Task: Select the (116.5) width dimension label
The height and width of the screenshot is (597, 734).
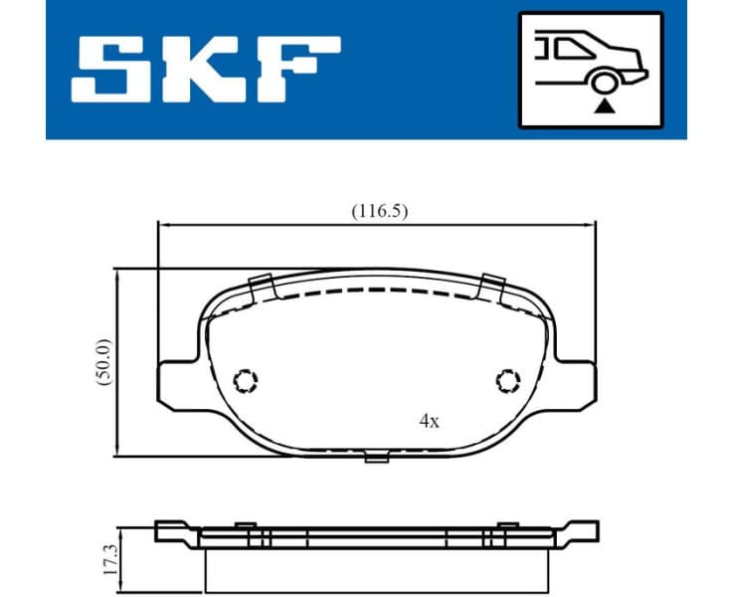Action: pyautogui.click(x=380, y=211)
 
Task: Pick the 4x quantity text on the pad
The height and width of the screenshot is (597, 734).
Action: pyautogui.click(x=429, y=421)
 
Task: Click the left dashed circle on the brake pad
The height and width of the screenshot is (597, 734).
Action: pyautogui.click(x=245, y=380)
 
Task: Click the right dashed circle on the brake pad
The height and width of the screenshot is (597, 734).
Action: pyautogui.click(x=507, y=380)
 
